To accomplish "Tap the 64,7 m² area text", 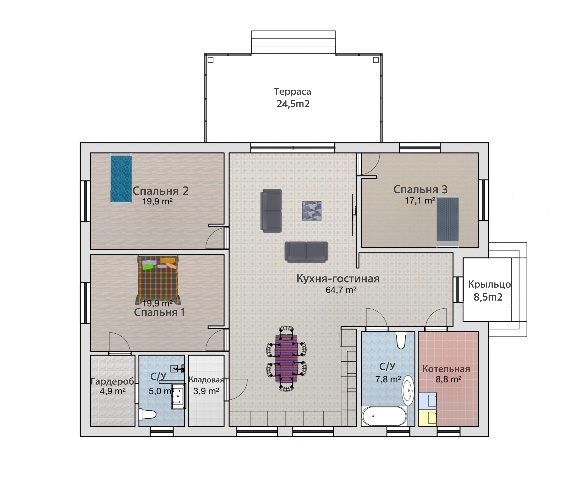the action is point(341,290).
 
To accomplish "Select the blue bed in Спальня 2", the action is point(121,179).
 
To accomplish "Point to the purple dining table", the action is point(286,358).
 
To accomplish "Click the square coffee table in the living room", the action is point(312,211).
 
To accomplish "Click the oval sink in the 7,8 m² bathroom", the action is point(408,390).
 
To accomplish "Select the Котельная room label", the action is point(446,369).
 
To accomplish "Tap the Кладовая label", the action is point(206,380).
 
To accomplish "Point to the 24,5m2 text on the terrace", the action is point(293,104).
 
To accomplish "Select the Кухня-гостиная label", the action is point(338,279).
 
